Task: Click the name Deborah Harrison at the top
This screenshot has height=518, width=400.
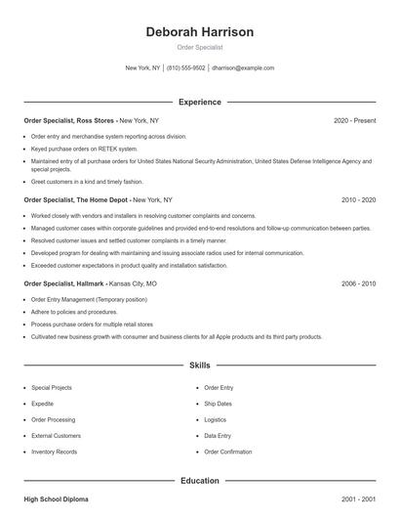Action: tap(199, 32)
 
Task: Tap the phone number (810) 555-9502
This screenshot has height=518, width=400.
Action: tap(185, 68)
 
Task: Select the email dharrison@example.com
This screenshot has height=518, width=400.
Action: tap(243, 68)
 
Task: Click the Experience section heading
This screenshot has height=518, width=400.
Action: tap(199, 102)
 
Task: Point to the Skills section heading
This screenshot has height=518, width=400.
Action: tap(199, 366)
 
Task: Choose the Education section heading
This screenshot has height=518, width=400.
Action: tap(199, 481)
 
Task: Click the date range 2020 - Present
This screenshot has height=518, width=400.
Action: tap(354, 120)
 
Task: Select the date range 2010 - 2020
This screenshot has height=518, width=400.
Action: tap(358, 199)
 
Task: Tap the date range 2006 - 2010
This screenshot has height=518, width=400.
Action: tap(358, 283)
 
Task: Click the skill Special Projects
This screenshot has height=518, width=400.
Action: tap(53, 388)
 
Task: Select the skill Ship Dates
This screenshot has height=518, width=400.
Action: tap(218, 404)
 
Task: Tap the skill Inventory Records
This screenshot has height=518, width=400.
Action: tap(54, 452)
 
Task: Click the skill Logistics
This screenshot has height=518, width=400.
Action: tap(215, 419)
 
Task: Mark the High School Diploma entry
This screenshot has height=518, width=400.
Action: tap(56, 499)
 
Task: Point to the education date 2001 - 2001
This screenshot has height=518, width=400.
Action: tap(358, 499)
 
